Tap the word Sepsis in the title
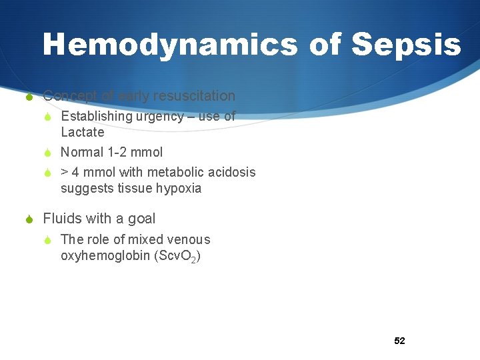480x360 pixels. pyautogui.click(x=406, y=45)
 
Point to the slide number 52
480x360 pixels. pyautogui.click(x=399, y=341)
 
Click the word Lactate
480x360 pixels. pyautogui.click(x=83, y=132)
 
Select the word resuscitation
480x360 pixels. pyautogui.click(x=194, y=96)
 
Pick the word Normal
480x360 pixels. pyautogui.click(x=83, y=152)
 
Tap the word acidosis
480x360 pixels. pyautogui.click(x=231, y=173)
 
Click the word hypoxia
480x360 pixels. pyautogui.click(x=179, y=188)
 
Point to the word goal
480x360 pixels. pyautogui.click(x=141, y=219)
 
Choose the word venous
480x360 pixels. pyautogui.click(x=188, y=239)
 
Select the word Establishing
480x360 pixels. pyautogui.click(x=97, y=117)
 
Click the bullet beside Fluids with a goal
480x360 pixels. pyautogui.click(x=29, y=219)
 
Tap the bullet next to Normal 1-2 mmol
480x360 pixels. pyautogui.click(x=48, y=153)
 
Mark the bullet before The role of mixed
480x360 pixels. pyautogui.click(x=48, y=240)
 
